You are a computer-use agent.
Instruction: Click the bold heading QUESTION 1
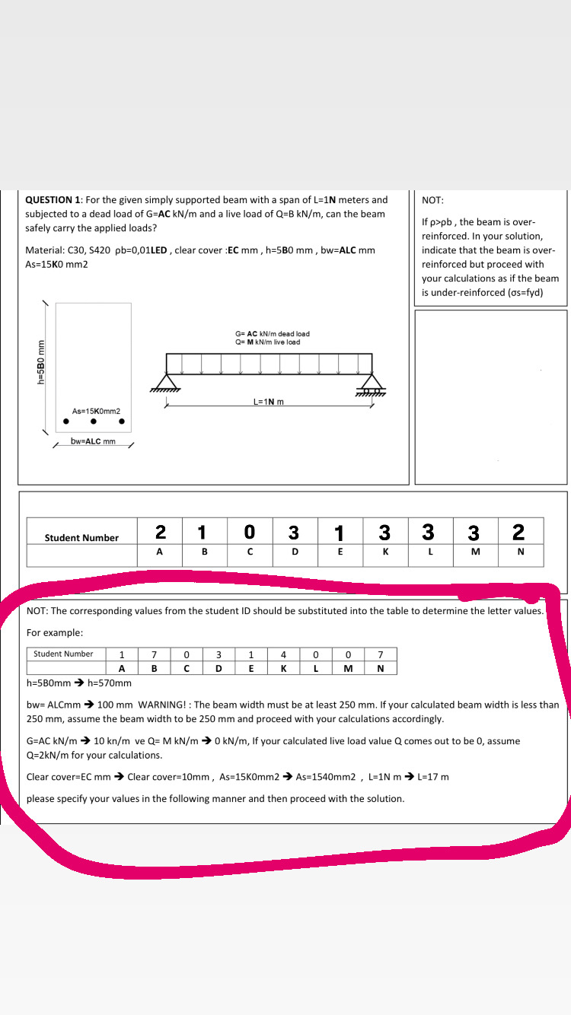click(54, 200)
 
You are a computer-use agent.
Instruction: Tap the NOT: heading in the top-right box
click(432, 200)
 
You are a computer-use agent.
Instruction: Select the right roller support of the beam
click(371, 382)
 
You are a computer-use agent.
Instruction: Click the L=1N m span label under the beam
click(268, 402)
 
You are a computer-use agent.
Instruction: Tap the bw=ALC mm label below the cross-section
click(93, 441)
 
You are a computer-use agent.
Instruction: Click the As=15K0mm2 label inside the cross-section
click(96, 411)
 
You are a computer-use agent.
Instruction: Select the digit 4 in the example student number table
click(283, 654)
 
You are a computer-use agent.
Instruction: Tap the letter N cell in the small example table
click(379, 668)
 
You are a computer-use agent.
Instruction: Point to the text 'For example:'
click(55, 633)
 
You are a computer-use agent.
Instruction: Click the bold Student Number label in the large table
click(81, 538)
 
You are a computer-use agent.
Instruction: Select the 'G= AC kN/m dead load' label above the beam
click(273, 334)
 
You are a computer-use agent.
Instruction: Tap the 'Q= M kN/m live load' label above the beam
click(268, 342)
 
